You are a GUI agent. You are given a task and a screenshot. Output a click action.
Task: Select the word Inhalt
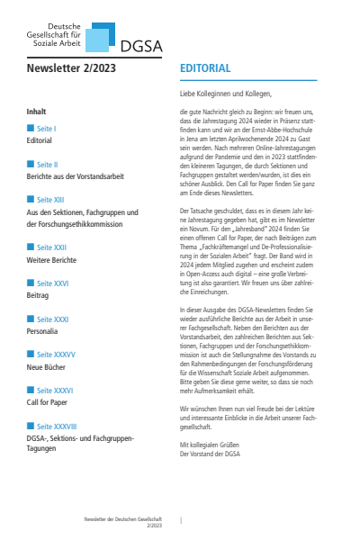[x=37, y=112]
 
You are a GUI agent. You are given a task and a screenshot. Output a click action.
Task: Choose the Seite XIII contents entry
[x=49, y=200]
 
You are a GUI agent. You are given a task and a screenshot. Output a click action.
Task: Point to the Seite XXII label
[x=49, y=247]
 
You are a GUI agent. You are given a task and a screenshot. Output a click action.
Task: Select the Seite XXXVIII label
[x=55, y=426]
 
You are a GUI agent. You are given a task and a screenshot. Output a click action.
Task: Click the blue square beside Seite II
[x=31, y=166]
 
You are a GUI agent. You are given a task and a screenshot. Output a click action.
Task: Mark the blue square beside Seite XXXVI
[x=31, y=391]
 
